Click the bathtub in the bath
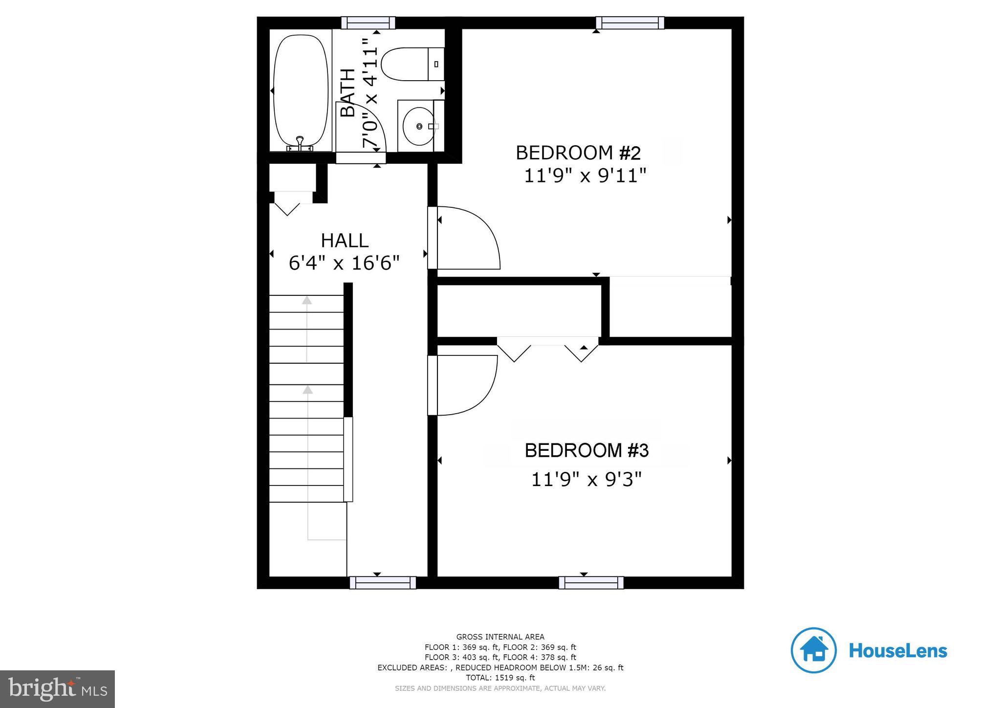pos(301,90)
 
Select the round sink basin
pos(418,126)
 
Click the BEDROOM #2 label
pos(578,153)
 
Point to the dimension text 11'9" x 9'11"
pos(585,176)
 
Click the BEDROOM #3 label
pos(586,450)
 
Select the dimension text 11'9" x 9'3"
pos(586,480)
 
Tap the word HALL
pos(345,241)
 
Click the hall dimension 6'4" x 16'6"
pos(344,264)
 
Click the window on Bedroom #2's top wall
pos(630,22)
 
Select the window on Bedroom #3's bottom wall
pos(591,582)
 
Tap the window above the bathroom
pos(368,22)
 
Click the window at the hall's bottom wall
pos(383,582)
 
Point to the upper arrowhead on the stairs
pos(307,300)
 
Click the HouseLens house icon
pos(813,650)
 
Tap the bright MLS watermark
pos(58,689)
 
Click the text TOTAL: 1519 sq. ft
pos(500,678)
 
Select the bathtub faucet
pos(300,143)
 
